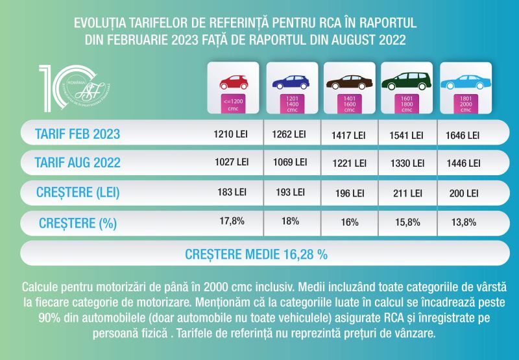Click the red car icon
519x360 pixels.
232,82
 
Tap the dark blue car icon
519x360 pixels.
291,82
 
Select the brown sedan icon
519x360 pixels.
350,82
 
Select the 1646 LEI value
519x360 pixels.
464,136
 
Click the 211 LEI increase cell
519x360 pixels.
407,193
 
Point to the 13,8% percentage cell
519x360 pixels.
464,222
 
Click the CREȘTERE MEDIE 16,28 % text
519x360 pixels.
256,254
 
